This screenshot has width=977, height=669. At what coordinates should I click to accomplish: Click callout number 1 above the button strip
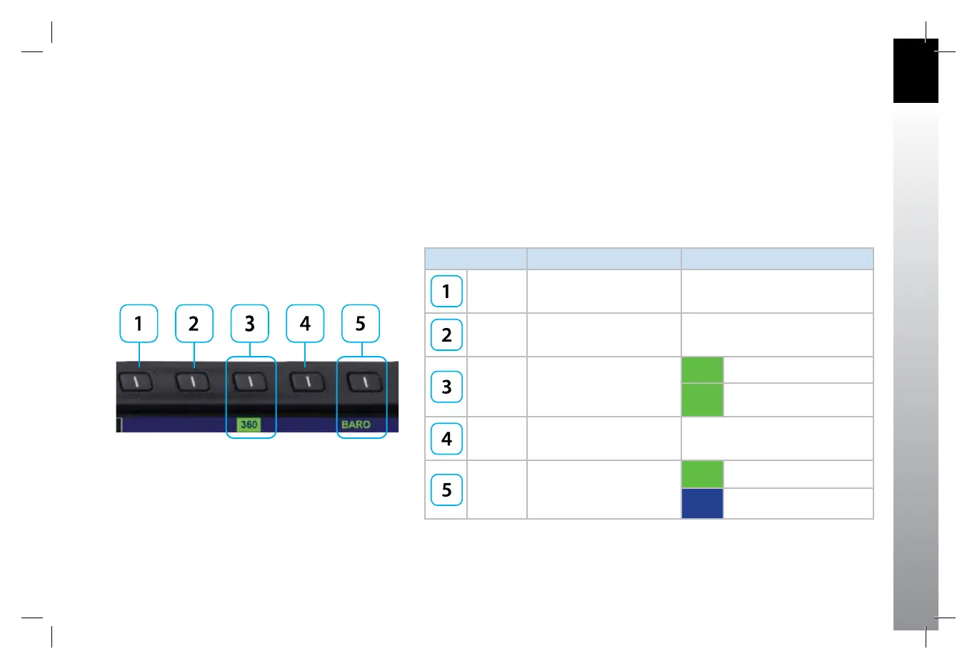click(139, 324)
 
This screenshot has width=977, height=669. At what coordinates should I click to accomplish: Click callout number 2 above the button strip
click(194, 324)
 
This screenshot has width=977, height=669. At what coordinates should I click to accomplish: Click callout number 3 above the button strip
click(250, 324)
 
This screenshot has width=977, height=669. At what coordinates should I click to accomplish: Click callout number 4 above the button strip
click(305, 324)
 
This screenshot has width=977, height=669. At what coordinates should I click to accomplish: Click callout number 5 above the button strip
click(361, 324)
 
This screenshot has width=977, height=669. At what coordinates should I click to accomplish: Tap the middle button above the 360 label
click(250, 382)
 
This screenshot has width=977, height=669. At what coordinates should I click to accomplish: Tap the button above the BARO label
click(365, 382)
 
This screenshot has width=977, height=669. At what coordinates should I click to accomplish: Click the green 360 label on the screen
click(249, 425)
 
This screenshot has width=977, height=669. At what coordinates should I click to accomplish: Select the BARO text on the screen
click(356, 425)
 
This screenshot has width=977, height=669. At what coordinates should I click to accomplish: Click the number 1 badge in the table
click(446, 292)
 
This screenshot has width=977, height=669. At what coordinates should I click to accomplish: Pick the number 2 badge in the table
click(446, 335)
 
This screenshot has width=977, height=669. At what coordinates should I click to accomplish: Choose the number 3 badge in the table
click(446, 387)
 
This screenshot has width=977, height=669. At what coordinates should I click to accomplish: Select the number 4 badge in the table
click(446, 439)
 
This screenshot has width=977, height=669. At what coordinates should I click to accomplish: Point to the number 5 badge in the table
click(446, 490)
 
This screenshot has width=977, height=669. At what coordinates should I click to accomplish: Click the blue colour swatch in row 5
click(702, 503)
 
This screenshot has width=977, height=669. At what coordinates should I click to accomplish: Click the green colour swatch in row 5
click(702, 474)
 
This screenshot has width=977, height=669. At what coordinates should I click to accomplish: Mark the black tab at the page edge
click(916, 71)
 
